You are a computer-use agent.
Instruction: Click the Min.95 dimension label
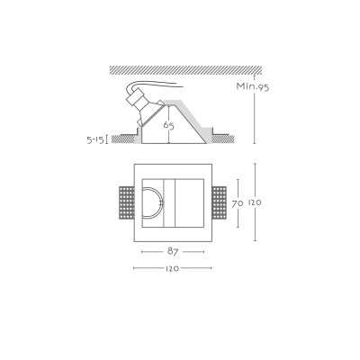[x=253, y=86]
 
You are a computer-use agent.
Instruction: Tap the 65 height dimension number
[x=168, y=125]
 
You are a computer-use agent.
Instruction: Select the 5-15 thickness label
[x=94, y=139]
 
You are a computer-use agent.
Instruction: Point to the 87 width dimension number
[x=173, y=252]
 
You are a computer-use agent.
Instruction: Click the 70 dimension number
[x=237, y=204]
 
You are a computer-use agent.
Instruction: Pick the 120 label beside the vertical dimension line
[x=255, y=202]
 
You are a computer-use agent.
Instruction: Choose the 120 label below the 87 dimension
[x=172, y=268]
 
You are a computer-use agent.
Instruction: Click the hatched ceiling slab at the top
[x=185, y=70]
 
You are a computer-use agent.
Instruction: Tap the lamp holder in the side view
[x=140, y=107]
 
